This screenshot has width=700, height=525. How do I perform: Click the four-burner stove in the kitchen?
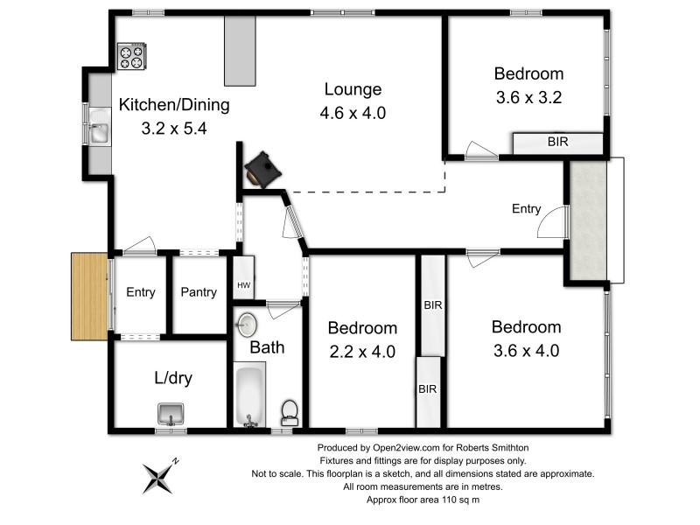pyautogui.click(x=132, y=56)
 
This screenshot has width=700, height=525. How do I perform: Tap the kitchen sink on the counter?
pyautogui.click(x=99, y=127)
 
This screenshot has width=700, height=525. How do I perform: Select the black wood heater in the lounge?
pyautogui.click(x=262, y=170)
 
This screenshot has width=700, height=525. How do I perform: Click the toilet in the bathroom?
pyautogui.click(x=290, y=413)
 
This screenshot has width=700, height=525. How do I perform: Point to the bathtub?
pyautogui.click(x=249, y=395)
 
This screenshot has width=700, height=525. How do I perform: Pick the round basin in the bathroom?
pyautogui.click(x=247, y=324)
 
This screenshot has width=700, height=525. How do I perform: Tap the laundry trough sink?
pyautogui.click(x=171, y=414)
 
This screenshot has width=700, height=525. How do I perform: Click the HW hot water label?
pyautogui.click(x=244, y=285)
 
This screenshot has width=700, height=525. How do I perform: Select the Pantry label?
pyautogui.click(x=199, y=292)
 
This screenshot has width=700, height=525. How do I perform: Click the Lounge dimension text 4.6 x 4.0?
pyautogui.click(x=353, y=113)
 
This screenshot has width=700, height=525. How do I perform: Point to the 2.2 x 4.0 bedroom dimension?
pyautogui.click(x=362, y=352)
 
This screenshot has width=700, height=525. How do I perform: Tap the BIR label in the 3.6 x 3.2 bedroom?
pyautogui.click(x=558, y=142)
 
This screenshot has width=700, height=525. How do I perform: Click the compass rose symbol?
pyautogui.click(x=160, y=476)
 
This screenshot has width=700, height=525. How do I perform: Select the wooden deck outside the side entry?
pyautogui.click(x=89, y=297)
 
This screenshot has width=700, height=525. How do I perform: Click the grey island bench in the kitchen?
pyautogui.click(x=240, y=51)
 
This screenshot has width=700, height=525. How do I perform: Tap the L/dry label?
pyautogui.click(x=173, y=378)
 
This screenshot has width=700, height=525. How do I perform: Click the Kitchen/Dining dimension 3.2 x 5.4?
pyautogui.click(x=174, y=128)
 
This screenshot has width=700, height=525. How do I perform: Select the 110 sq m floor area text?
pyautogui.click(x=461, y=500)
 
